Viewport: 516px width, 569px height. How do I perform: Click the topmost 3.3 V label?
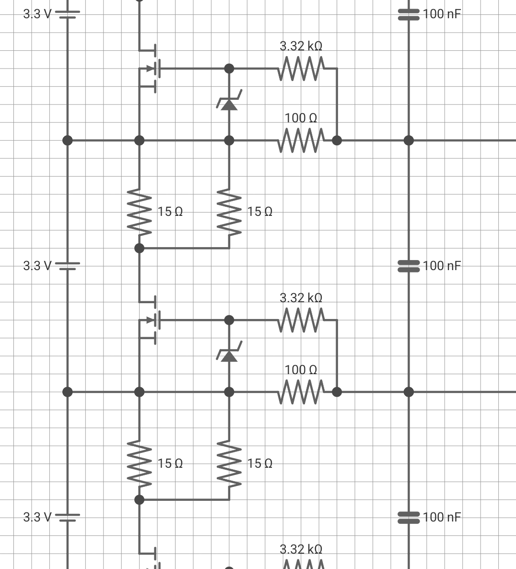37,14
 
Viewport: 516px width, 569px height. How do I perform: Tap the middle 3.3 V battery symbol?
68,266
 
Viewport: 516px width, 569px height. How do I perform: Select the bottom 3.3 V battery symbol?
68,518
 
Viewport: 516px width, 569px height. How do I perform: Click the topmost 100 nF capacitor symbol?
409,14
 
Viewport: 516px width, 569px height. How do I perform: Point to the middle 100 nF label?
442,266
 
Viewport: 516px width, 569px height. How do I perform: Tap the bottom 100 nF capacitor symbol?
409,518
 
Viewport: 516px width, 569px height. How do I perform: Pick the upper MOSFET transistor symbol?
150,68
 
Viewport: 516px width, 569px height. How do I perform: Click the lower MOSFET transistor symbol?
150,320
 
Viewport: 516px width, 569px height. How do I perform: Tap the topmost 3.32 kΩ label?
301,46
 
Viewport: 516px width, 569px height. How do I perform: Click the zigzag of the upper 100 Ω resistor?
301,140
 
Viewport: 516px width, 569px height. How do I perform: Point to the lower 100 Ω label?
301,370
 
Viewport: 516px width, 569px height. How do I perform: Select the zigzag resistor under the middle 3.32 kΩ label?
301,320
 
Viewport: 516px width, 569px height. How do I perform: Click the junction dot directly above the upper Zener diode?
229,68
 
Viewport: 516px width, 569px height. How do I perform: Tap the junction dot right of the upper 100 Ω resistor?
337,140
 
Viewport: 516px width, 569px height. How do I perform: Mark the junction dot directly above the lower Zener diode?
229,320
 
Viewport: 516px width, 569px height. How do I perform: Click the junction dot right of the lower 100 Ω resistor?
337,392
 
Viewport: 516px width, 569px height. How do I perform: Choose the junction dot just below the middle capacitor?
409,392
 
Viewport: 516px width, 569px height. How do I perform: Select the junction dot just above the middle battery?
68,140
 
